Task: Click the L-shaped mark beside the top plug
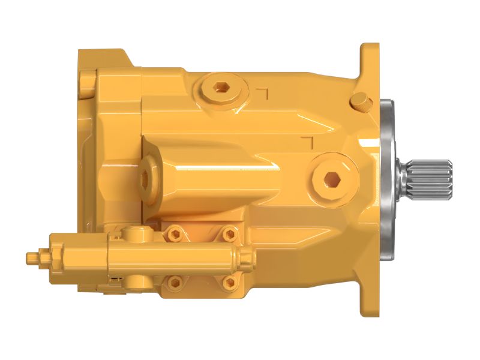[x=262, y=93]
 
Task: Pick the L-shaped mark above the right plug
[x=308, y=142]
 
